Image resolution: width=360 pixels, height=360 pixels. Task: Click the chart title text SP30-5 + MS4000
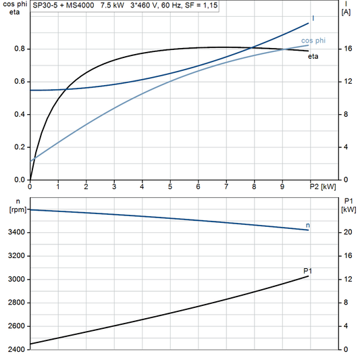point(63,5)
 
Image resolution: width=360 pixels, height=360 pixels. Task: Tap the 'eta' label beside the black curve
point(313,56)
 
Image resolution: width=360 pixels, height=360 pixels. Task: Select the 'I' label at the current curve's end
point(313,18)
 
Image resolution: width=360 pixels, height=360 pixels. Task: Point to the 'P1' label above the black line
point(308,270)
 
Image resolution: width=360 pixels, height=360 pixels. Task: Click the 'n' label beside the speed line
point(308,224)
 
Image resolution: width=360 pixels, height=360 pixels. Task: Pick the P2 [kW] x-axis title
point(322,186)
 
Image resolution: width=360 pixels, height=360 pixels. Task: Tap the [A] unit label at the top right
point(346,12)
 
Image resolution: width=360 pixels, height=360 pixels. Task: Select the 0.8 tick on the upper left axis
point(20,49)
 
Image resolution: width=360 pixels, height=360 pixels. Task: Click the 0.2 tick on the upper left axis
point(20,147)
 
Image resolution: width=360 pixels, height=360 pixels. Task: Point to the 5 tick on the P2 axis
point(170,186)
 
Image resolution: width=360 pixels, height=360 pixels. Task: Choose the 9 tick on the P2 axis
point(282,186)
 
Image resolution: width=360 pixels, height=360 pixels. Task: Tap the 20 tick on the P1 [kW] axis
point(346,232)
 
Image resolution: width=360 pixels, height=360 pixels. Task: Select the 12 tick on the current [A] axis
point(346,82)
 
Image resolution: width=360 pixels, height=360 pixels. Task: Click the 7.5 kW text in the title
point(113,5)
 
